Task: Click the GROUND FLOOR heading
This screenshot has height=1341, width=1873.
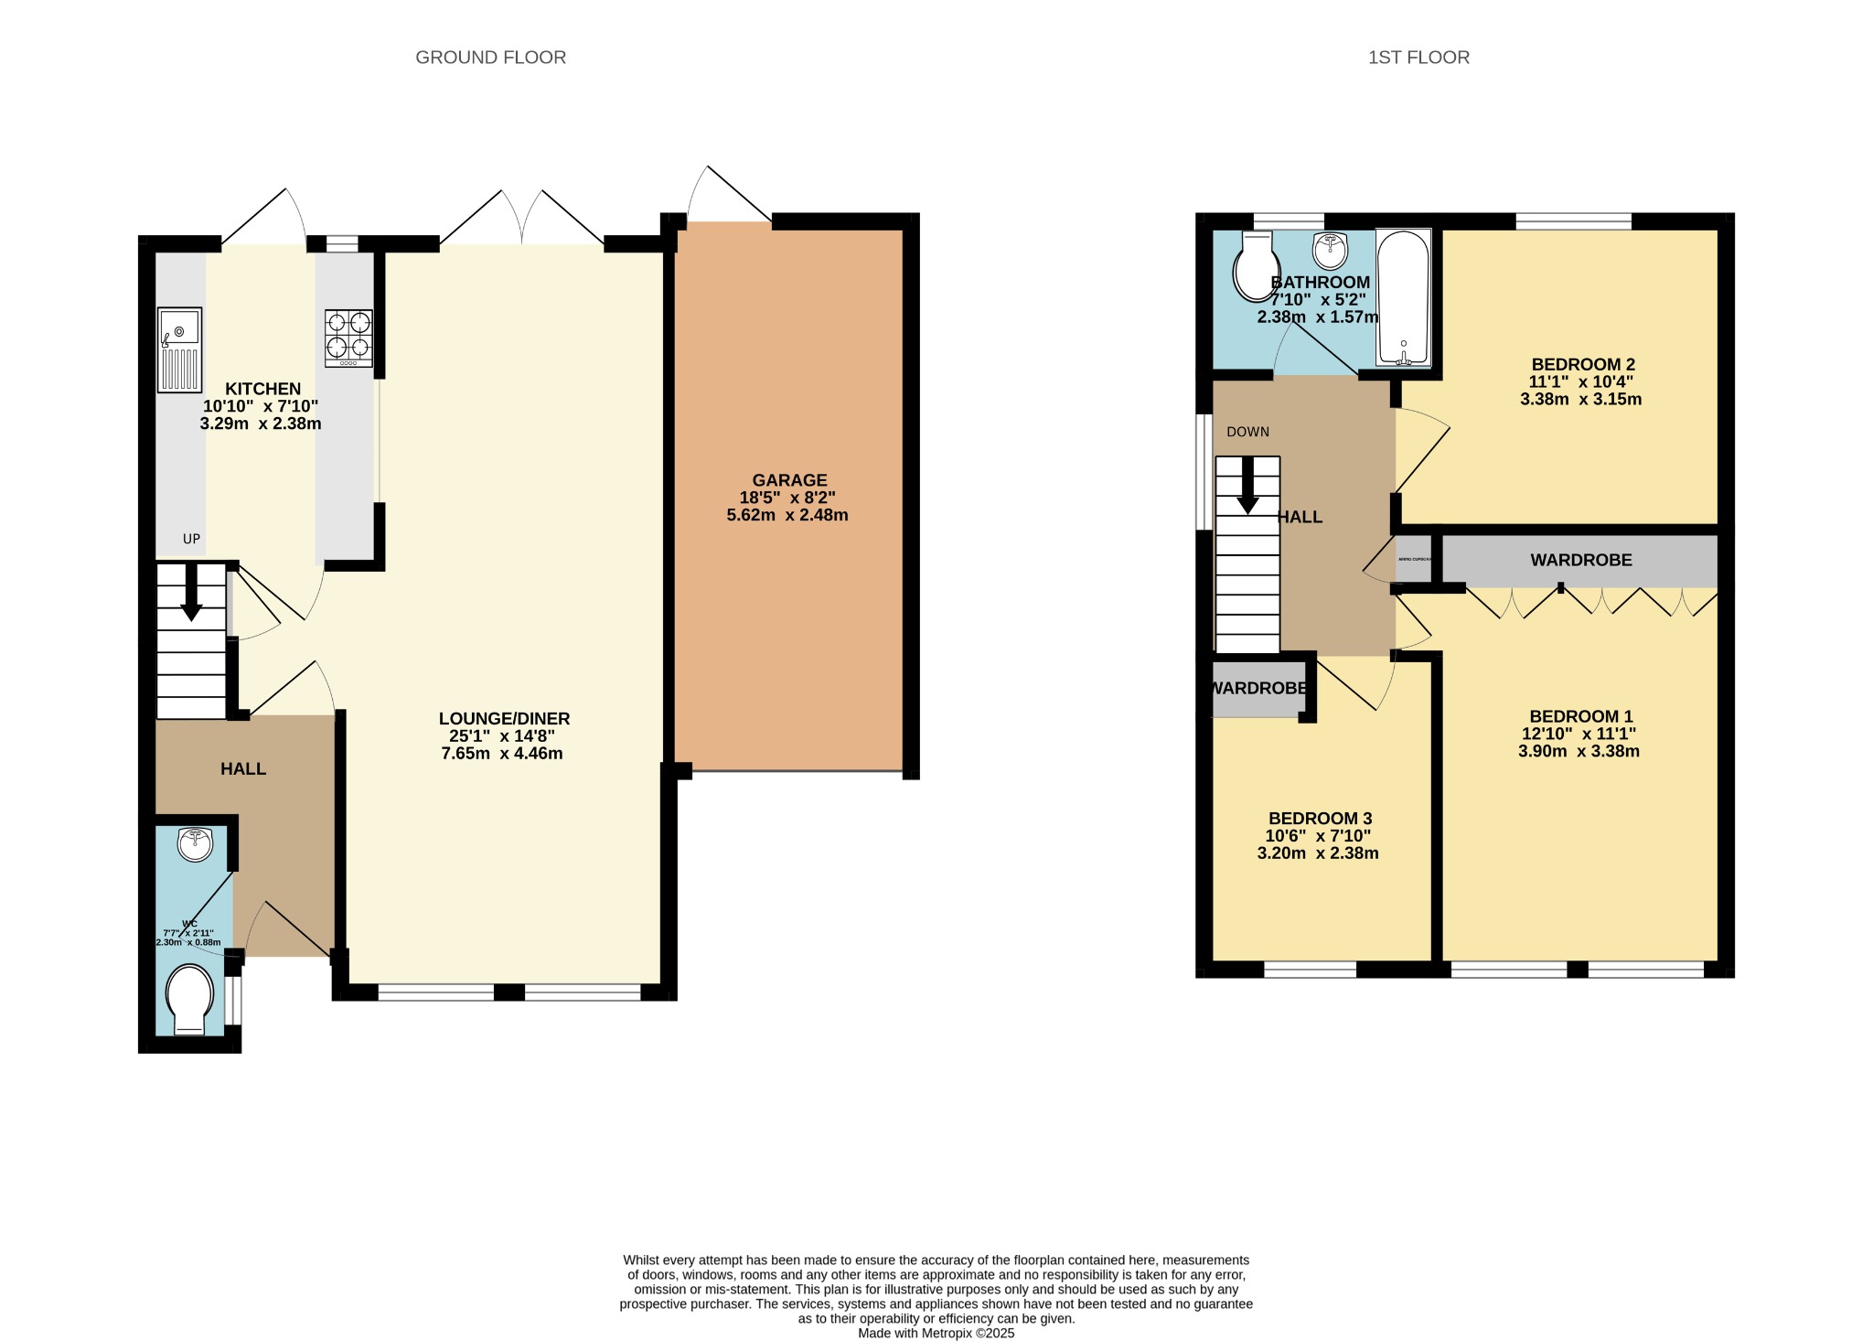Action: coord(490,58)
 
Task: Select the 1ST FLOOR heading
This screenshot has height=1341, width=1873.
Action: coord(1418,58)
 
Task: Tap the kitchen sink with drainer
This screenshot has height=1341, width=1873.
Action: coord(179,350)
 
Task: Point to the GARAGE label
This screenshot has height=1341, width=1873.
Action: coord(788,480)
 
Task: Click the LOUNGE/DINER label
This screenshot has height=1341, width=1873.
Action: coord(504,719)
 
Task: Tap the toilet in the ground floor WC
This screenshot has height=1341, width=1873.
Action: coord(190,999)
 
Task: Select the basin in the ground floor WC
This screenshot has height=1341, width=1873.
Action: coord(195,844)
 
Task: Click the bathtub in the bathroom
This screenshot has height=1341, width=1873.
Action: coord(1403,299)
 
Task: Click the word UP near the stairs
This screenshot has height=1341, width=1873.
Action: coord(191,539)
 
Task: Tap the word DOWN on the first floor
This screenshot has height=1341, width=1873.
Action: coord(1247,432)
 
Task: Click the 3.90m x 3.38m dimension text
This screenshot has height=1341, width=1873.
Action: coord(1579,752)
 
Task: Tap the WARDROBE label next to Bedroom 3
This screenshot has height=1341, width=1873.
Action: coord(1259,689)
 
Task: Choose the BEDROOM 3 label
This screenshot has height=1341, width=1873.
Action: coord(1320,819)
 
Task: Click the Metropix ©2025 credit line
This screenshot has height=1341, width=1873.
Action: coord(936,1333)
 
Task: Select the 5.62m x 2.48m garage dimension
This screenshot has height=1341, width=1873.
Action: coord(787,515)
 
